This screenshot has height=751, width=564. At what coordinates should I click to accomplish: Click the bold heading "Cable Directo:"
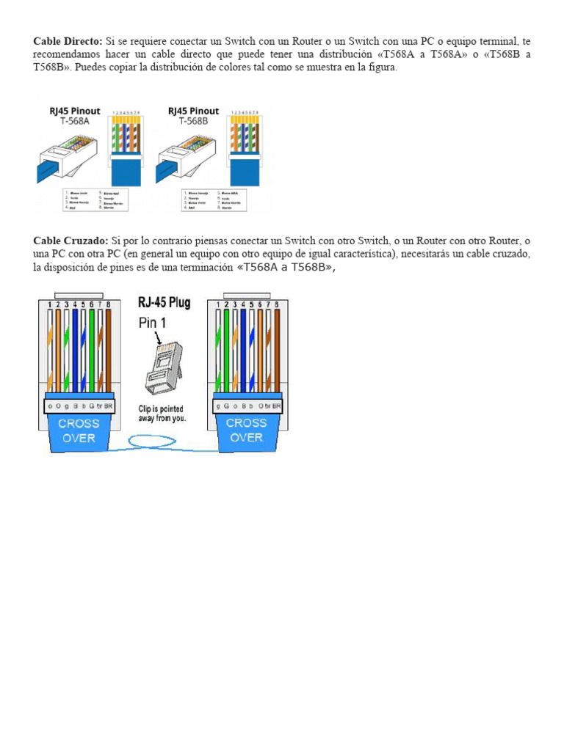(68, 42)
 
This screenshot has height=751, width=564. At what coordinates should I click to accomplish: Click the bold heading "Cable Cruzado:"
(70, 241)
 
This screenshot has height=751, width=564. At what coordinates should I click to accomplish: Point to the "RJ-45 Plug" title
(164, 302)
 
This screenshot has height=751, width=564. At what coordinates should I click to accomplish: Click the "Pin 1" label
(153, 323)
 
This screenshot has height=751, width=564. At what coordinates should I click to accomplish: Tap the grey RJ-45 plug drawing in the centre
(162, 367)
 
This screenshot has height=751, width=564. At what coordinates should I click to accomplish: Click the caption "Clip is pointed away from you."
(162, 413)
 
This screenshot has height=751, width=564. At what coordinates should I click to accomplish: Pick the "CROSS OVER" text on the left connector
(79, 430)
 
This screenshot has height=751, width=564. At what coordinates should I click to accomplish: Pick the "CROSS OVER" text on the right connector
(246, 430)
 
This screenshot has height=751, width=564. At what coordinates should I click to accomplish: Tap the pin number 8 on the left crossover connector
(109, 304)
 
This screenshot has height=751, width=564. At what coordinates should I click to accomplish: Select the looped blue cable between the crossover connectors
(162, 442)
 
